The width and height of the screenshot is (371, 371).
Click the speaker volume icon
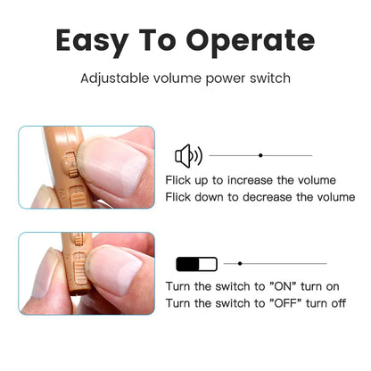tap(188, 156)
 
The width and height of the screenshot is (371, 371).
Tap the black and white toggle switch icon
tap(195, 264)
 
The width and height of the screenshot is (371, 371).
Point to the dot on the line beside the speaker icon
tap(260, 156)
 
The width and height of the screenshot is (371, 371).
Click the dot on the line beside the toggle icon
tap(240, 264)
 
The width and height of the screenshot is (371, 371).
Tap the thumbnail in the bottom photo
tap(117, 268)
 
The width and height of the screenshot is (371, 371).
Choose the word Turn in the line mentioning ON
tap(179, 287)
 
